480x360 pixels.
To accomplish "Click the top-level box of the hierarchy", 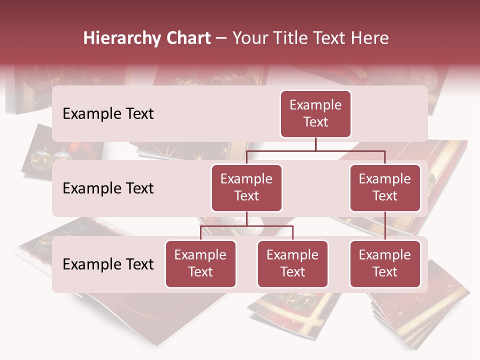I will pos(315,114).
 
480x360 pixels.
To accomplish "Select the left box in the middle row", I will pos(246,188).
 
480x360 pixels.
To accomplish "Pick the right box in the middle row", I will pos(385,188).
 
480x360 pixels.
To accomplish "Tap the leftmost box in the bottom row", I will pos(200,264).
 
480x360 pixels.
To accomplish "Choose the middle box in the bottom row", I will pos(292,264).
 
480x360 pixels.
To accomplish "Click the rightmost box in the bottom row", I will pos(385,264).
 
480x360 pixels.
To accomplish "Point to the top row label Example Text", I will pos(108,114).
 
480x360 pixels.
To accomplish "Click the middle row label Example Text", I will pos(108,188).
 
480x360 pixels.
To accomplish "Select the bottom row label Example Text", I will pos(108,264).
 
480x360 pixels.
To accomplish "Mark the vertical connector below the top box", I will pos(315,144).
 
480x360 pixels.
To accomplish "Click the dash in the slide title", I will pos(221,39).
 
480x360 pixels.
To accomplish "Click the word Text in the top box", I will pos(315,122).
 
